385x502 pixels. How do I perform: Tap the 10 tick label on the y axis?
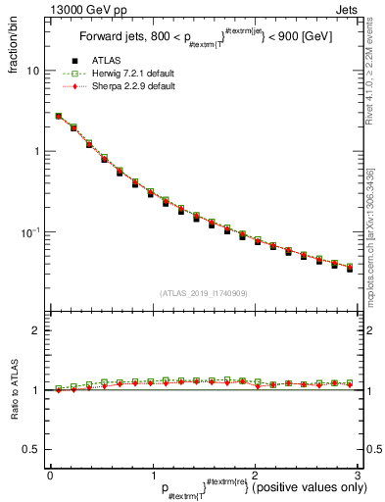tap(33, 71)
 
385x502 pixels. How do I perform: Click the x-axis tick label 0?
tap(50, 475)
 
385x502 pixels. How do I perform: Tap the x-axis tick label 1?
tap(153, 475)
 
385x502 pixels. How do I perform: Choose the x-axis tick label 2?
tap(255, 475)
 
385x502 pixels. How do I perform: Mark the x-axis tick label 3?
tap(358, 475)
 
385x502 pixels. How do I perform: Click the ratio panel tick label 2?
tap(37, 330)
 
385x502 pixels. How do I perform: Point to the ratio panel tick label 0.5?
tap(32, 449)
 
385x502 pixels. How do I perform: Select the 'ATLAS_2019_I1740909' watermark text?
tap(204, 293)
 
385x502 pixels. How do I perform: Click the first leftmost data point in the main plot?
tap(58, 116)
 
